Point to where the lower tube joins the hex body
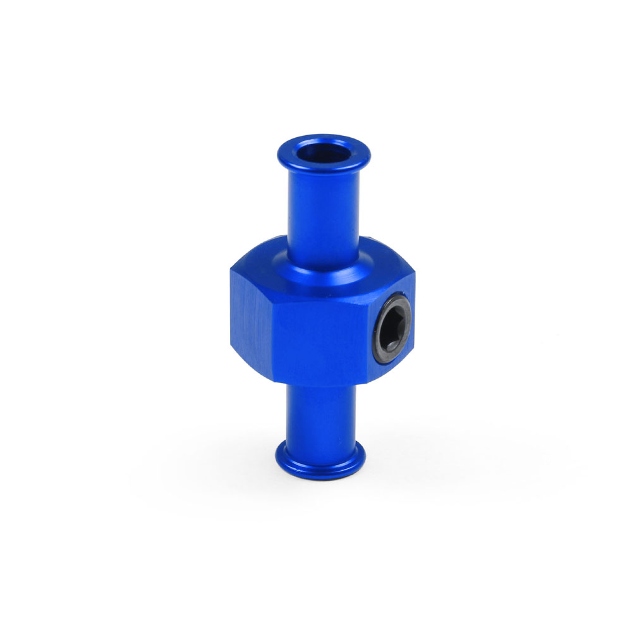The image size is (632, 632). [x=322, y=387]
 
